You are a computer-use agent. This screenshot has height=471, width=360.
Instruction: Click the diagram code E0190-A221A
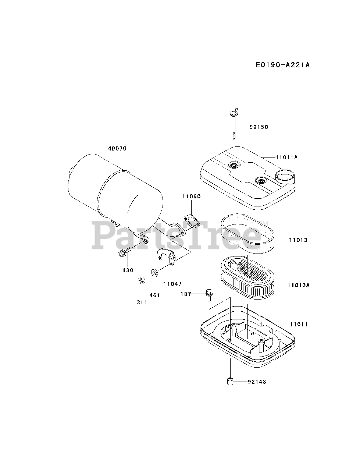point(283,65)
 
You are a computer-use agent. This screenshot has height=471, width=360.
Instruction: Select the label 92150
point(259,127)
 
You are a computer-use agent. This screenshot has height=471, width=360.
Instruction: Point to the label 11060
point(191,196)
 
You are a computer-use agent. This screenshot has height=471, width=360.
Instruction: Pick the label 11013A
point(299,285)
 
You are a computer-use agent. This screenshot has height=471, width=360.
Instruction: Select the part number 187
point(186,294)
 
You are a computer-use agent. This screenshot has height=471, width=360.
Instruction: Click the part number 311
point(142,302)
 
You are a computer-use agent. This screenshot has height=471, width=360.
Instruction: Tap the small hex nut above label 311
point(140,280)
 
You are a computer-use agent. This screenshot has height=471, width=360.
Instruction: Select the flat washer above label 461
point(154,272)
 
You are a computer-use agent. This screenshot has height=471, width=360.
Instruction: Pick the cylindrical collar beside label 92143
point(229,381)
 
